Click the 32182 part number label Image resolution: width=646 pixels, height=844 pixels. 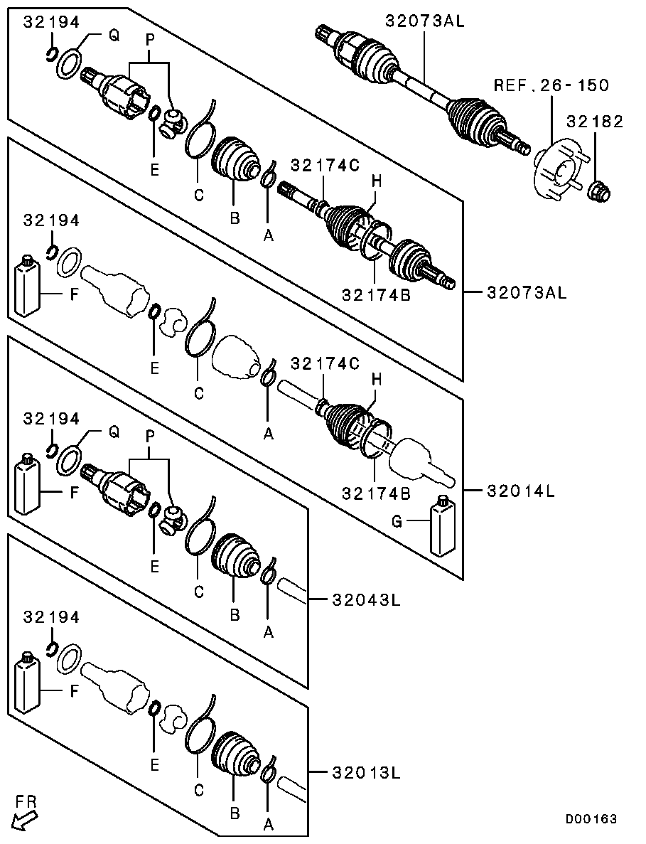[595, 122]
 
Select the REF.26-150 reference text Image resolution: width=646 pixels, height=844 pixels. [552, 85]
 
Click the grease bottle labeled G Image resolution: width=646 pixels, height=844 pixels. [442, 527]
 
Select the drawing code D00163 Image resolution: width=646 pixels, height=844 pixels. [591, 820]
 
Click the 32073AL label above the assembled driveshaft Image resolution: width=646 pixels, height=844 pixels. [425, 21]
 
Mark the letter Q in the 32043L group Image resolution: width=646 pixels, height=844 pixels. [113, 432]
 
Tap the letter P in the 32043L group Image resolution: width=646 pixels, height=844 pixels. [150, 439]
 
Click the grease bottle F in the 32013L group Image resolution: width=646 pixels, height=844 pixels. [26, 681]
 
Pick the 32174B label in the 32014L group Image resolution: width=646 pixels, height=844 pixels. [375, 493]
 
